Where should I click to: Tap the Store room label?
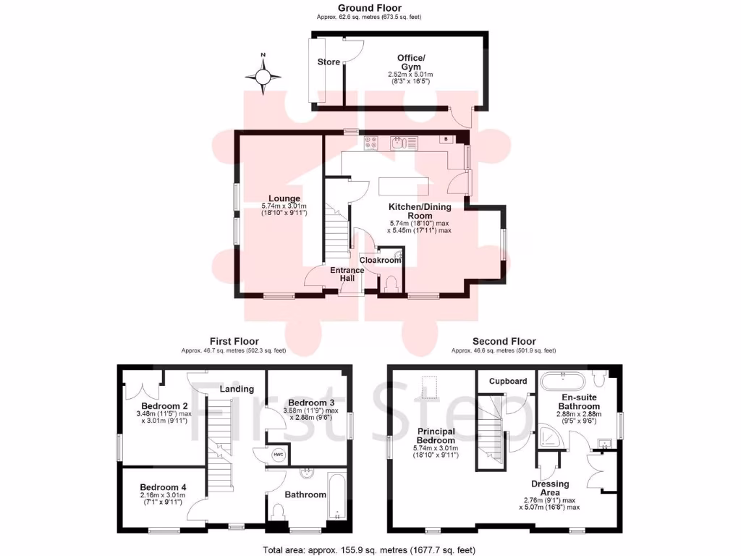tap(329, 62)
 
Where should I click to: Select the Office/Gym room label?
tap(410, 62)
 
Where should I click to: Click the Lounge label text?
tap(284, 198)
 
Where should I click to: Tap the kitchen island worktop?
tap(402, 185)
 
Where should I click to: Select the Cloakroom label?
tap(380, 260)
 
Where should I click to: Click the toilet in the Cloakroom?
tap(391, 285)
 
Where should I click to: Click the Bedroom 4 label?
tap(164, 487)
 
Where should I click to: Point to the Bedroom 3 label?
tap(311, 403)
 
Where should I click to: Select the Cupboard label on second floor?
tap(508, 381)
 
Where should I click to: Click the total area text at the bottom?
tap(370, 549)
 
